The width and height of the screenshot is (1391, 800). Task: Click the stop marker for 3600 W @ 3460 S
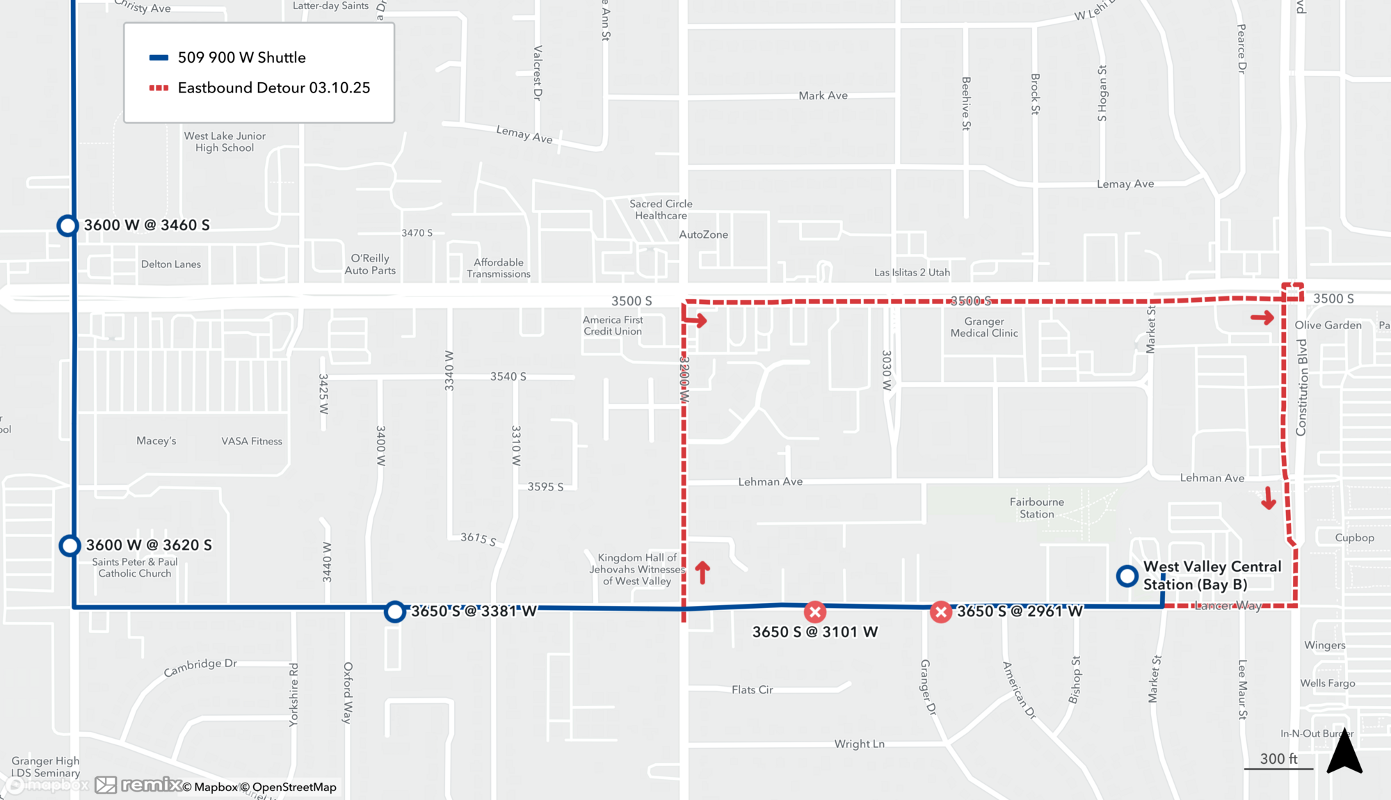click(67, 225)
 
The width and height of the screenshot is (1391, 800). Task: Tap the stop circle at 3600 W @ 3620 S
click(70, 546)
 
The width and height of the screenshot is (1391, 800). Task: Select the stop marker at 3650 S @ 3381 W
click(395, 611)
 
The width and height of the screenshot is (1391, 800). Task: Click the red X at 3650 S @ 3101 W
click(815, 612)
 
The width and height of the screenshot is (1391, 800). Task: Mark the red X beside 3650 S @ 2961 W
click(941, 612)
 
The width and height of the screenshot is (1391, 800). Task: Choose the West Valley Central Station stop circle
click(1127, 576)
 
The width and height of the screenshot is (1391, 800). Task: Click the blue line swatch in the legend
click(159, 58)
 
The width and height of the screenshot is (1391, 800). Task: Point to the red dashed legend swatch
click(159, 88)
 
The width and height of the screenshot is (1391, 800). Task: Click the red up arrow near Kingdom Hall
click(702, 572)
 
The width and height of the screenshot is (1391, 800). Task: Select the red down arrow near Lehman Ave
click(1269, 498)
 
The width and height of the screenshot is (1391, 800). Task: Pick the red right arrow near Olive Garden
click(1262, 318)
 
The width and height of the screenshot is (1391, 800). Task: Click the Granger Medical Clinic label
click(984, 327)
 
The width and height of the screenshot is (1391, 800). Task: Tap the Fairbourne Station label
click(1036, 508)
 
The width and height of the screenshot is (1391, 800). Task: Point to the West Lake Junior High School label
click(225, 142)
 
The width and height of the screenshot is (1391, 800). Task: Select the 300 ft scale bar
click(1278, 768)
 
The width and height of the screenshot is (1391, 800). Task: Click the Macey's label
click(156, 440)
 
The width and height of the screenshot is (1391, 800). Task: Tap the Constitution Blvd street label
click(1302, 387)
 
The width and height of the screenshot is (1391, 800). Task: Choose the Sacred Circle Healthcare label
click(661, 209)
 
